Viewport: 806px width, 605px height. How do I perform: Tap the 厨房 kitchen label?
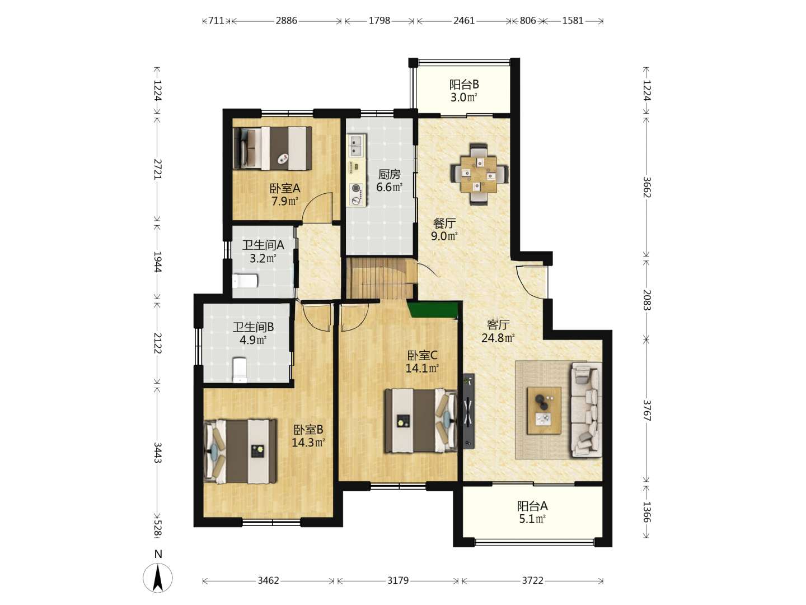pyautogui.click(x=389, y=174)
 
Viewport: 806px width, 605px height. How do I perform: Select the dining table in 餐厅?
pyautogui.click(x=479, y=174)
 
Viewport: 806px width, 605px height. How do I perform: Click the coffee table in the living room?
pyautogui.click(x=544, y=410)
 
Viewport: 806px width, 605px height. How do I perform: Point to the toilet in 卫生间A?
pyautogui.click(x=245, y=281)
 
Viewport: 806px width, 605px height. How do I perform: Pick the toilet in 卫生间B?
pyautogui.click(x=240, y=370)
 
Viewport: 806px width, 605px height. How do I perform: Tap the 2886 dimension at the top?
pyautogui.click(x=287, y=21)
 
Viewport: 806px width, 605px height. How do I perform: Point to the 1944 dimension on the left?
pyautogui.click(x=158, y=262)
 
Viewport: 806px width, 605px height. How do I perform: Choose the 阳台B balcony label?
pyautogui.click(x=464, y=85)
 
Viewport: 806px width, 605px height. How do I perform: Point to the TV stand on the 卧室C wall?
pyautogui.click(x=468, y=411)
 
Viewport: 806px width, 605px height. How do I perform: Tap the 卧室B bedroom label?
pyautogui.click(x=308, y=429)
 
